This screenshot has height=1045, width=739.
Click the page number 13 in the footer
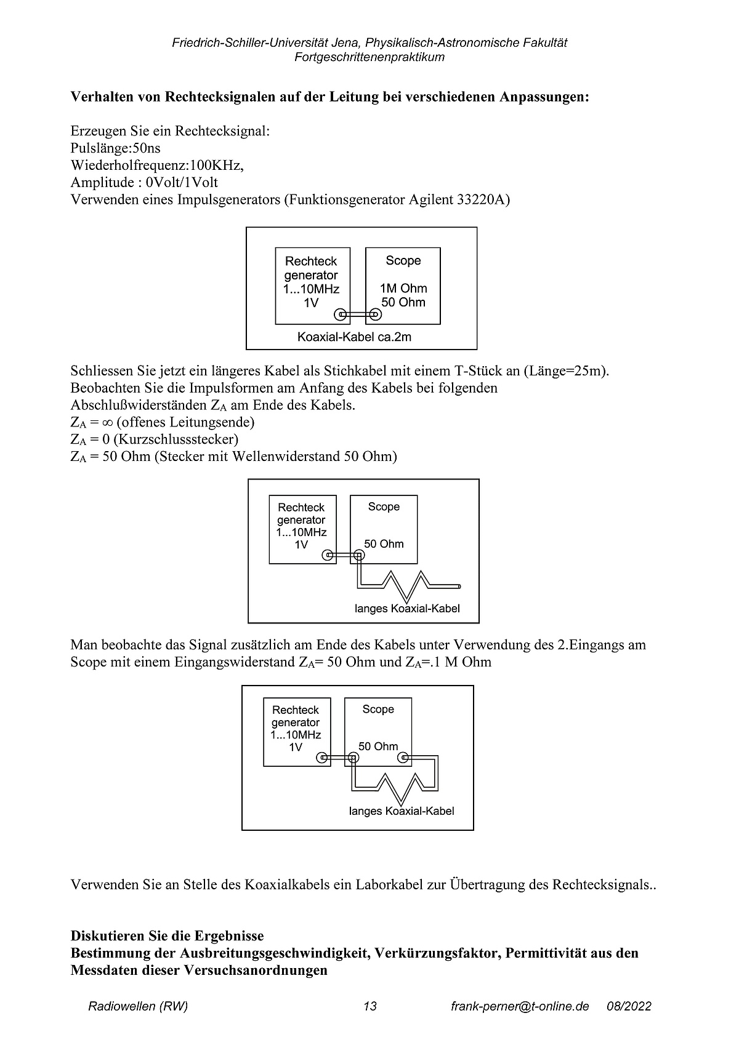[370, 1006]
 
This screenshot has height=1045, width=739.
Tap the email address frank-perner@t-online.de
[520, 1006]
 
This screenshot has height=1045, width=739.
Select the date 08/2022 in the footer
[629, 1006]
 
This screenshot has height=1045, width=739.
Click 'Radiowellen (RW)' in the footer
[138, 1006]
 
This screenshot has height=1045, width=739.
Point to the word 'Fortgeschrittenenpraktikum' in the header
[369, 57]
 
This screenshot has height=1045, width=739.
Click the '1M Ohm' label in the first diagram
[403, 288]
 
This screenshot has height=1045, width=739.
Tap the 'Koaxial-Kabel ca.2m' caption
[354, 337]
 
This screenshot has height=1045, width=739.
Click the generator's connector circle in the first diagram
[339, 315]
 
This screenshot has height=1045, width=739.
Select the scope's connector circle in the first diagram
[374, 315]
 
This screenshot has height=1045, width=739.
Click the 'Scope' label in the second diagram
[384, 506]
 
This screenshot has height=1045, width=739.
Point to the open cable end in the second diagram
[460, 585]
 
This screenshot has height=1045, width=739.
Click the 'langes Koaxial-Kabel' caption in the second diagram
[407, 609]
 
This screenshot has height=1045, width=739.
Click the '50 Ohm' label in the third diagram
[378, 746]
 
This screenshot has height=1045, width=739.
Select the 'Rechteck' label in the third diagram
[296, 710]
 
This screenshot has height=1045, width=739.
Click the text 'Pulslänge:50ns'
[116, 148]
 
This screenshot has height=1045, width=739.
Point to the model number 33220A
[483, 200]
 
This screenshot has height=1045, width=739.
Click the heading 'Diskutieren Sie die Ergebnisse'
[167, 936]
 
